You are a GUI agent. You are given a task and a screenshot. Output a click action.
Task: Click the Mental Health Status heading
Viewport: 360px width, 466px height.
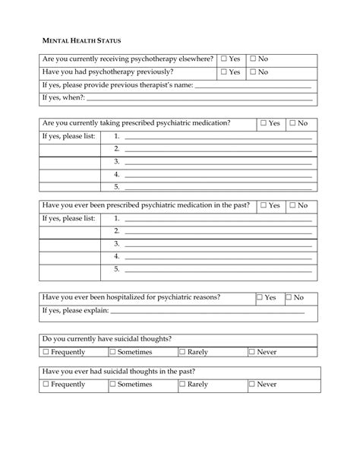click(x=80, y=39)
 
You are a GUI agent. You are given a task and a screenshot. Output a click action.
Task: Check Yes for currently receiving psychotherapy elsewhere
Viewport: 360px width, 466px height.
click(x=225, y=59)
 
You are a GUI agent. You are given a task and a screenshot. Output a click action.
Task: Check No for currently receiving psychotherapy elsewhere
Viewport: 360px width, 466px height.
click(x=254, y=59)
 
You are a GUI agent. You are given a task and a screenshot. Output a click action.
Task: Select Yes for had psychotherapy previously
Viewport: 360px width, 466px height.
click(x=225, y=72)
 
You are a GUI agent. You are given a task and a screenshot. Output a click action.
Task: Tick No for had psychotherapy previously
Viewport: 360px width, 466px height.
click(x=254, y=72)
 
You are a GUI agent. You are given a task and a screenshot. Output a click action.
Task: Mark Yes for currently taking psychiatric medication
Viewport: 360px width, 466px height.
click(x=264, y=123)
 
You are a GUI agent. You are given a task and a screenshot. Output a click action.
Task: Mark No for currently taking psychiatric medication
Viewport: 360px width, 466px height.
click(x=293, y=123)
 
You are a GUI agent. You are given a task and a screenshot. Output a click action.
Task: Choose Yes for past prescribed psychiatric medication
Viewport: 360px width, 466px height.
click(x=264, y=205)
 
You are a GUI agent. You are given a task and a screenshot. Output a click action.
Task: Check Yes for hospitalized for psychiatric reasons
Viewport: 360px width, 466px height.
click(x=260, y=298)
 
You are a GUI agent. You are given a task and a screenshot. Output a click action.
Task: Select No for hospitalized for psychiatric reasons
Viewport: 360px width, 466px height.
click(x=289, y=298)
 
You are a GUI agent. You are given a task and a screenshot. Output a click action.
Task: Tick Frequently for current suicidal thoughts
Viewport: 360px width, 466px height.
click(x=46, y=352)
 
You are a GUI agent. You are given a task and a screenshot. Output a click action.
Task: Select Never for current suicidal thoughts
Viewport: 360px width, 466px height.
click(x=252, y=352)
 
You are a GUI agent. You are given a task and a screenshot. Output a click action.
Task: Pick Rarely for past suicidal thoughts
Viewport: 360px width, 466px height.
click(x=182, y=385)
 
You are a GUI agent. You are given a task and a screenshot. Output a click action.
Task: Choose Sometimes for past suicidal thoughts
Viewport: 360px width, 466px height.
click(x=112, y=385)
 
